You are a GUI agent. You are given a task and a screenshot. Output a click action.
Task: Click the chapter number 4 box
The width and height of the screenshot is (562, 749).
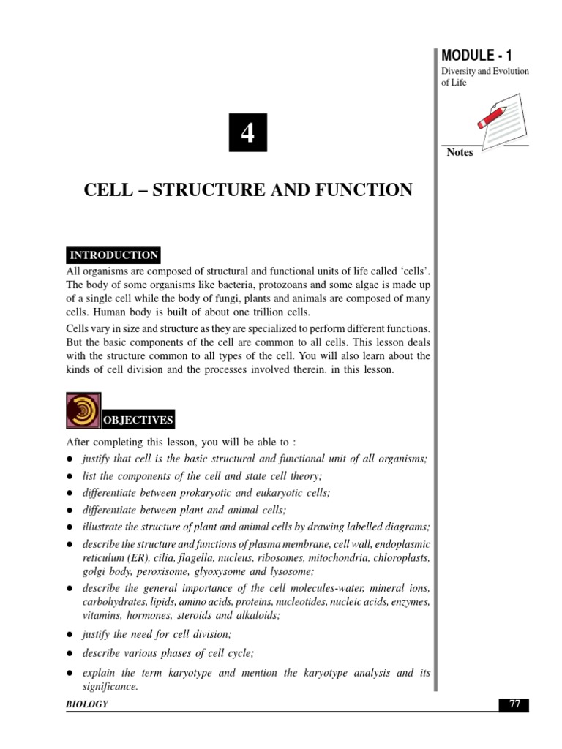point(247,133)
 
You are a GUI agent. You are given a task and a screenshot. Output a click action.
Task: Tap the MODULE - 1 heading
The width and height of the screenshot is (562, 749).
point(476,55)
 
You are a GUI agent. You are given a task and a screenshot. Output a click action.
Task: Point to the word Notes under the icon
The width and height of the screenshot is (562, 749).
point(460,153)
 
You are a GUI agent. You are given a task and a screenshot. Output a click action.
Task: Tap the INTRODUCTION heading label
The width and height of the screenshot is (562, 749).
point(113,255)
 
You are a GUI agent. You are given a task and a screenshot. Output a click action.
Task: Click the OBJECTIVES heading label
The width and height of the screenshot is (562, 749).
point(138,420)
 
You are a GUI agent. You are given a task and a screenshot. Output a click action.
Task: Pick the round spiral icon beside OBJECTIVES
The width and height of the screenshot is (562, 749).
point(83,412)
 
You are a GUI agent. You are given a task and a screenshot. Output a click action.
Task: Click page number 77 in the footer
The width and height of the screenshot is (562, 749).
point(514,704)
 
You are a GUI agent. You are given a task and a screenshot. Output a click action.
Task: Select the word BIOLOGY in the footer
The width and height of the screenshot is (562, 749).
point(87,704)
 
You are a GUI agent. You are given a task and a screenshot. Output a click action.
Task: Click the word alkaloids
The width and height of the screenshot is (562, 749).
point(256,615)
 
